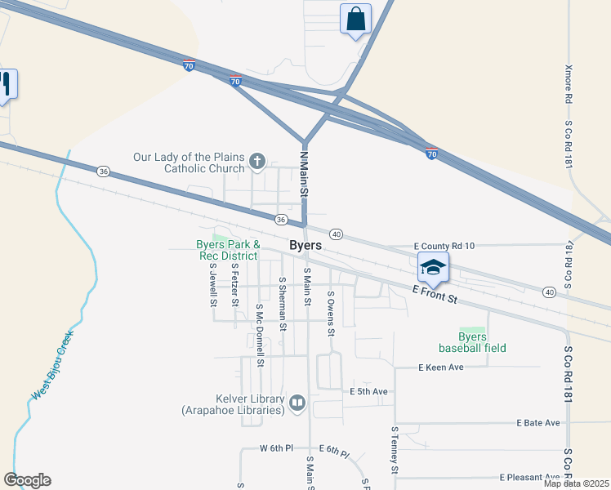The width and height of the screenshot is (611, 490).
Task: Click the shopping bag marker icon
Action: [355, 19]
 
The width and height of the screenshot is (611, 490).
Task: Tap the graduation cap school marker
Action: [433, 267]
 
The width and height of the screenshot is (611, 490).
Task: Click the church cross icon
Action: [256, 162]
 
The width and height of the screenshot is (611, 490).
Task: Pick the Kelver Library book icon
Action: [297, 403]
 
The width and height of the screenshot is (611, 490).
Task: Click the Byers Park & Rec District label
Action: [228, 250]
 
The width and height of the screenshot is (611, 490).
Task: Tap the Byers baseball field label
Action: [471, 342]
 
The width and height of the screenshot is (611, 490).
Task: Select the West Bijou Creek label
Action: [53, 365]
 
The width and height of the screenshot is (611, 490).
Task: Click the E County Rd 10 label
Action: [444, 246]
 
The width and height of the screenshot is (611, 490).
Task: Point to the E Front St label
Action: [433, 295]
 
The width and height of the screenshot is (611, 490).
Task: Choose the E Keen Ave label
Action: [441, 367]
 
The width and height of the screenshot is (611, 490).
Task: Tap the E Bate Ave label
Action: [538, 423]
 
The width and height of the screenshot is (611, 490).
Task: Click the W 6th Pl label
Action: [276, 448]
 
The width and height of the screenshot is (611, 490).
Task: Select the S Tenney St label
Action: [395, 449]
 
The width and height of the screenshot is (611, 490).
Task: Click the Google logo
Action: [27, 480]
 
